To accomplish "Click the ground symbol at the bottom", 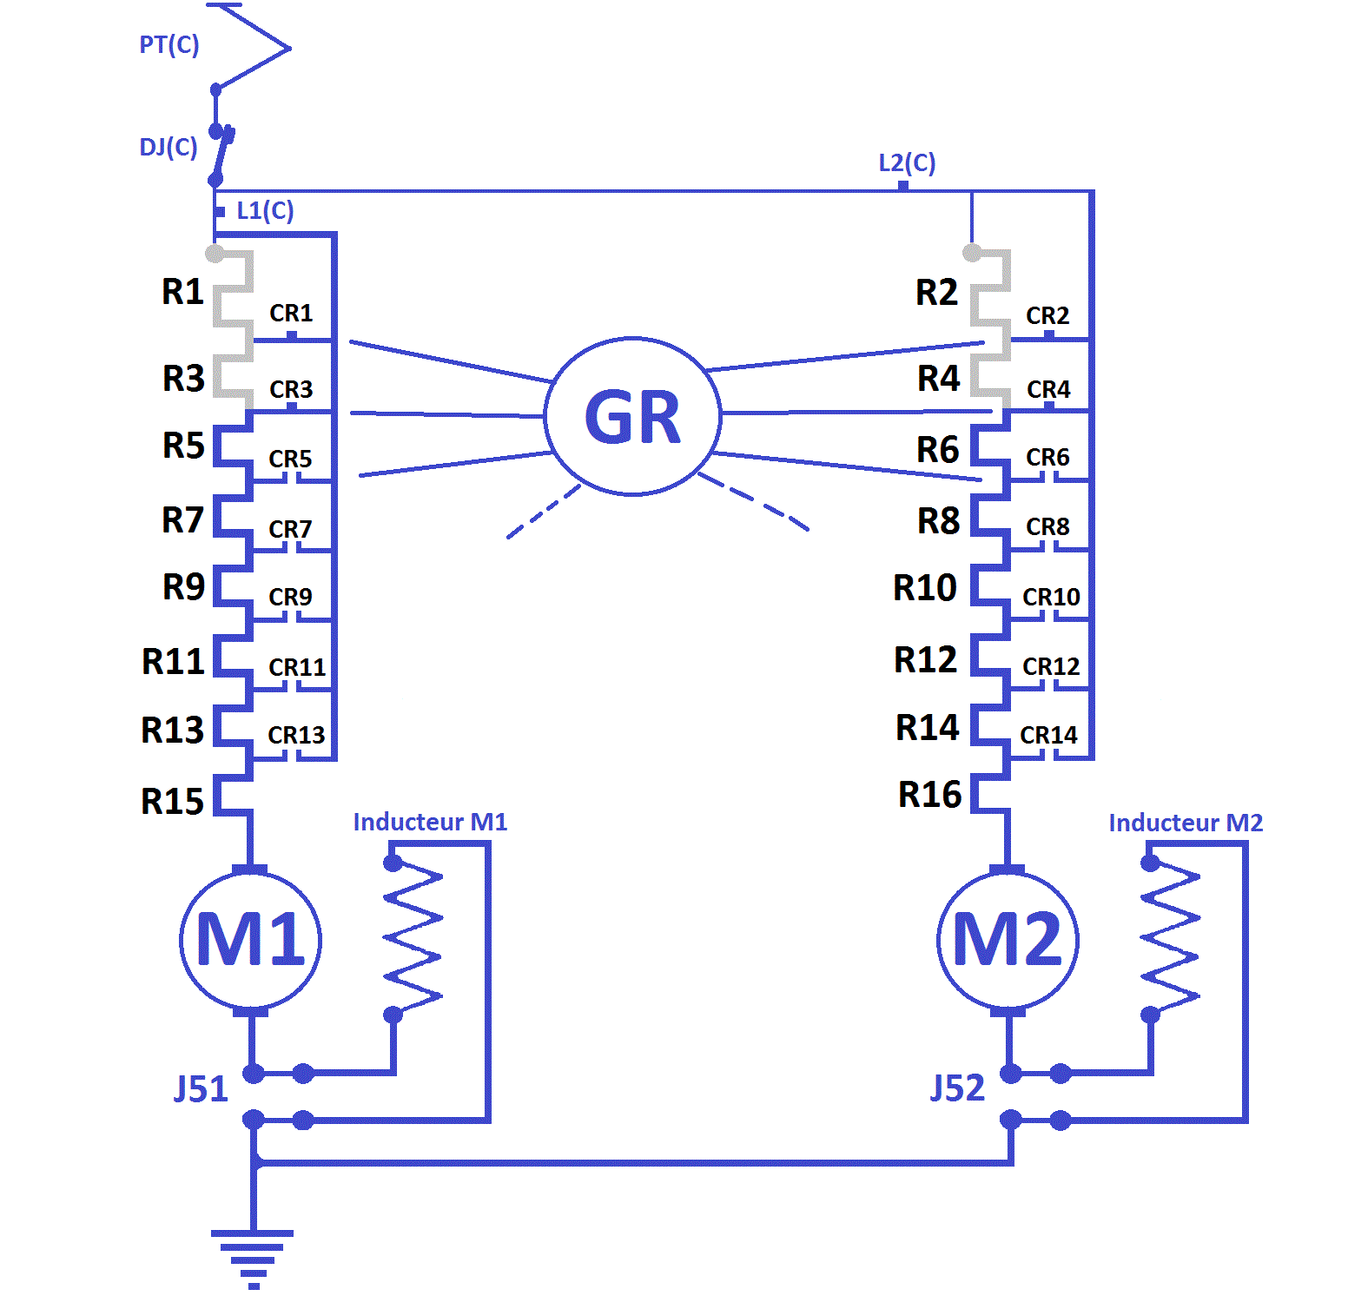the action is [253, 1259].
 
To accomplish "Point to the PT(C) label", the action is [169, 44].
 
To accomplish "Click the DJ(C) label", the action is [168, 147].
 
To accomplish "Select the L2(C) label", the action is [907, 162].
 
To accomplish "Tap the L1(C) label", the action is [265, 210].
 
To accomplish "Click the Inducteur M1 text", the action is [430, 822].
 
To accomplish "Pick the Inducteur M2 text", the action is [1186, 823].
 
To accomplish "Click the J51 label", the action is [201, 1088].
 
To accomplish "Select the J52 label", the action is [957, 1088].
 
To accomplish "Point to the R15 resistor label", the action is [173, 801].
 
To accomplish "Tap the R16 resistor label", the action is [929, 795].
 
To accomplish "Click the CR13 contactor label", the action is [296, 735].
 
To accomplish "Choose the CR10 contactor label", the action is [1051, 597].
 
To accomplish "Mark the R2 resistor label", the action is [936, 292].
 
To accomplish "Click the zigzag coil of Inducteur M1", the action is [413, 939].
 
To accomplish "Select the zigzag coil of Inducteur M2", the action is [1171, 939].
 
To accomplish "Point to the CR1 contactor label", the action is [291, 313].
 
